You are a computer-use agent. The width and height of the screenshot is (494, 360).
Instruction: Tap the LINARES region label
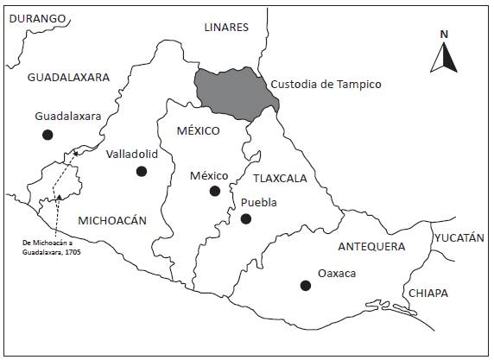[226, 27]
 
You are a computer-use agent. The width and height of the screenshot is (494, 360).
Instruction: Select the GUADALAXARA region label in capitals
[68, 77]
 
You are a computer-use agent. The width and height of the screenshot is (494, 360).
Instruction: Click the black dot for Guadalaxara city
[48, 134]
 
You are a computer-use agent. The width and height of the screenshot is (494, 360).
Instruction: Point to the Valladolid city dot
[142, 171]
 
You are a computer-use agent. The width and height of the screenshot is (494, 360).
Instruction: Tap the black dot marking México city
[215, 191]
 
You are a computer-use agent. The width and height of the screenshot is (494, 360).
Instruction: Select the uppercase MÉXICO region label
[198, 130]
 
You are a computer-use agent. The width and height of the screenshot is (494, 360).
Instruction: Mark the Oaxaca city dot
[305, 286]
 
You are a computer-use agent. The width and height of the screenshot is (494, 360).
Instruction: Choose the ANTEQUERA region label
[371, 247]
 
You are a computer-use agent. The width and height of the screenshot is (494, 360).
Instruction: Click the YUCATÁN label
[459, 237]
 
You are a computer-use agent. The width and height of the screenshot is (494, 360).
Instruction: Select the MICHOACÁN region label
[113, 220]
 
